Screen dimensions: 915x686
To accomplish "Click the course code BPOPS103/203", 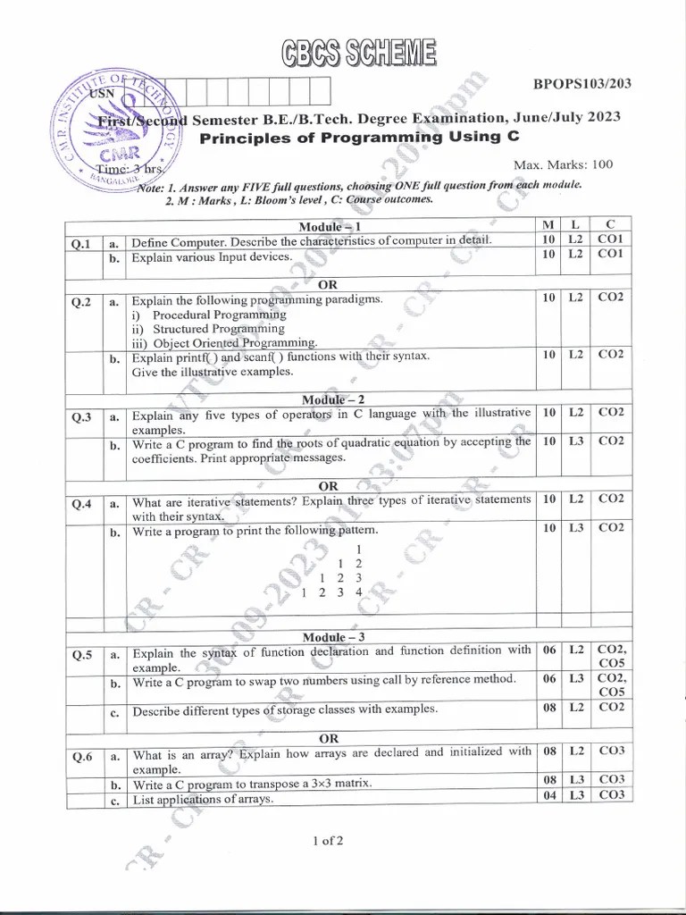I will (x=582, y=84).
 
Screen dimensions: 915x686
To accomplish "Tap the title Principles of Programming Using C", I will (x=357, y=137).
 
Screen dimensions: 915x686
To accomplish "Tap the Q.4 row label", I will (x=81, y=503).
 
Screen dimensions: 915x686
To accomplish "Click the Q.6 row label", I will (x=81, y=756).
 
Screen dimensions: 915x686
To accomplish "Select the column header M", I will (x=547, y=222).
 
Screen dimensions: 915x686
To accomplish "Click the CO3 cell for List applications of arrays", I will (x=611, y=795).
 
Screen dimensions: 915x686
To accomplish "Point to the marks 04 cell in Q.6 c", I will (x=549, y=795).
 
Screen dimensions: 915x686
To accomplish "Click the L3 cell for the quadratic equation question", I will (x=576, y=441).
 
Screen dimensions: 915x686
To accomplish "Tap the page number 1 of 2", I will (x=328, y=841).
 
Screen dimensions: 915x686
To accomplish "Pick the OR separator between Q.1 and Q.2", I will (x=328, y=284).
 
